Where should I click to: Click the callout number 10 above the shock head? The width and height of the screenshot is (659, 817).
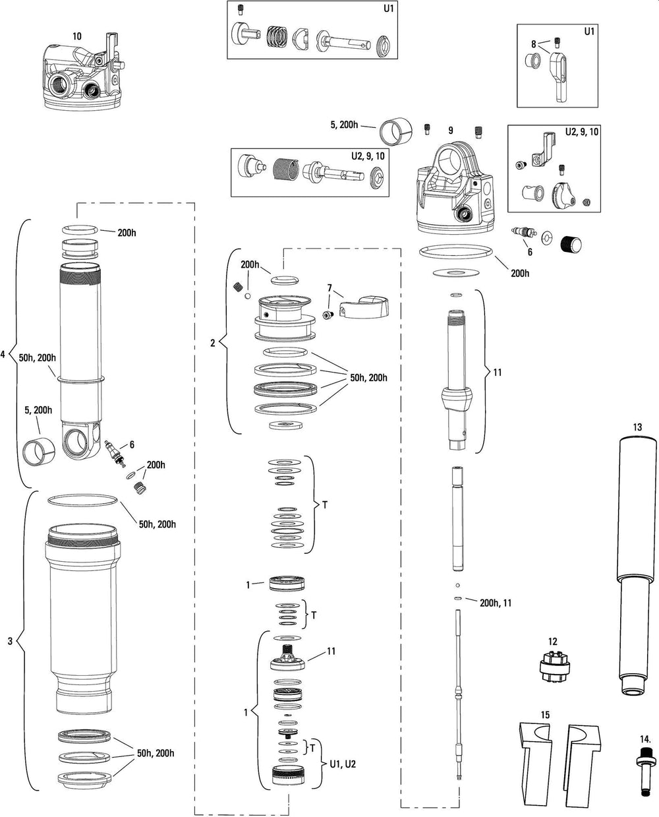77,36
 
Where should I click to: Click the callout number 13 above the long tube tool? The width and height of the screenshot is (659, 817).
637,427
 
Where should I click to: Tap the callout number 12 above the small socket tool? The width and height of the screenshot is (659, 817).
552,640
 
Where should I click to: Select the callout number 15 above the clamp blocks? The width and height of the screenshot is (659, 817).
544,714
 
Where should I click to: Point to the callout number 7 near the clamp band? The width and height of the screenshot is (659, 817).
329,288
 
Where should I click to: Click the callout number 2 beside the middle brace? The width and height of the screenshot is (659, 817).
212,342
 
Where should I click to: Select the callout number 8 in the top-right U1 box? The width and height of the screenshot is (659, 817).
534,44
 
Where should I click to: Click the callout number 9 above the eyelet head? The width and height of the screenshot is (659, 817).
451,131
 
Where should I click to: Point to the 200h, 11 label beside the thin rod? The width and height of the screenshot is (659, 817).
496,602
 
